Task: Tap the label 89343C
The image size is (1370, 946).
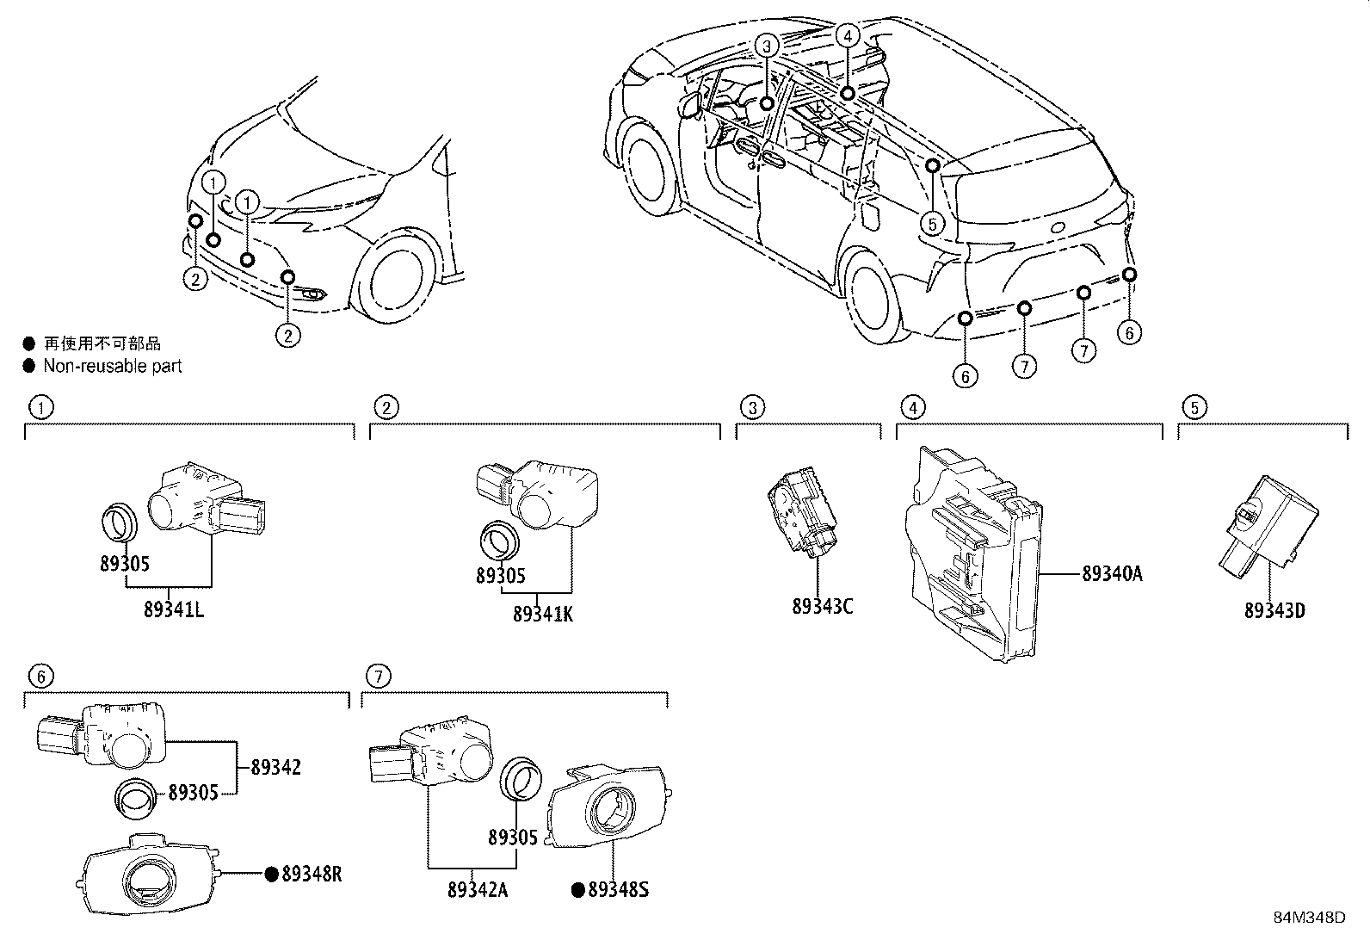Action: tap(822, 607)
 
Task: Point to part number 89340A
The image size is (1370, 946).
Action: tap(1112, 573)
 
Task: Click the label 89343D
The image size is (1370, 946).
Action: tap(1274, 611)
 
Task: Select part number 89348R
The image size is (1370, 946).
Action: tap(312, 875)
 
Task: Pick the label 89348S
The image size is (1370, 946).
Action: tap(618, 890)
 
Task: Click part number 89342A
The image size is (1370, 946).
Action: tap(477, 890)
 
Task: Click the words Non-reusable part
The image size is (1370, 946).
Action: tap(113, 366)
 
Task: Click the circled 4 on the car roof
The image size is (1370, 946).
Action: tap(847, 35)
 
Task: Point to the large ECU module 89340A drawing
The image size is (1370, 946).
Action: tap(972, 551)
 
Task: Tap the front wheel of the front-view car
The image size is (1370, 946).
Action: tap(398, 275)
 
